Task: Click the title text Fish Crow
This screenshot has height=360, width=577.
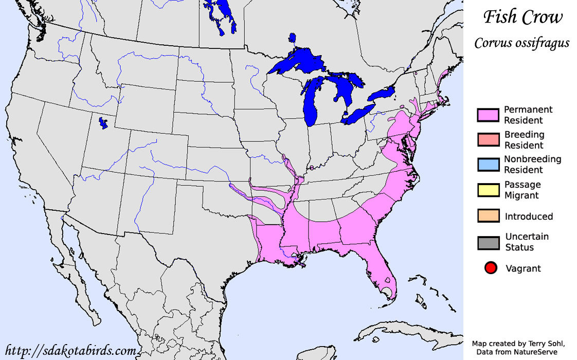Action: pos(522,17)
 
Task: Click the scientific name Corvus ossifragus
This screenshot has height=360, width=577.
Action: pos(521,43)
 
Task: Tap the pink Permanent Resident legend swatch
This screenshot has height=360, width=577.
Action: pos(488,115)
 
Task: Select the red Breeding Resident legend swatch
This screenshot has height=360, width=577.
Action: pos(488,140)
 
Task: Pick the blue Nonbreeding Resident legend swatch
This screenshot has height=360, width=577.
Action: pos(488,165)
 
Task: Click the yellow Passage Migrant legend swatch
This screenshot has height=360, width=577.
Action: pos(488,190)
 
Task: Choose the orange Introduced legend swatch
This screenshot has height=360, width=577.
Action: pos(488,217)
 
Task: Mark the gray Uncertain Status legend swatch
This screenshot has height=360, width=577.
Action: pos(488,242)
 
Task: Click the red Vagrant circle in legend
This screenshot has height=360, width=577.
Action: pos(491,268)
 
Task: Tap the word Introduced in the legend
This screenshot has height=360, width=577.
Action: pos(529,217)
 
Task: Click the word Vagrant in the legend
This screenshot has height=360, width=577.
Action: pos(523,268)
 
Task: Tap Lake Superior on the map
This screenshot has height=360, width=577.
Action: pos(296,64)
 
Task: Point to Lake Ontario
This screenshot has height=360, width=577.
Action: pos(382,94)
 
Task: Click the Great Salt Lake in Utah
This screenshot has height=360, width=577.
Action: pos(103,123)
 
